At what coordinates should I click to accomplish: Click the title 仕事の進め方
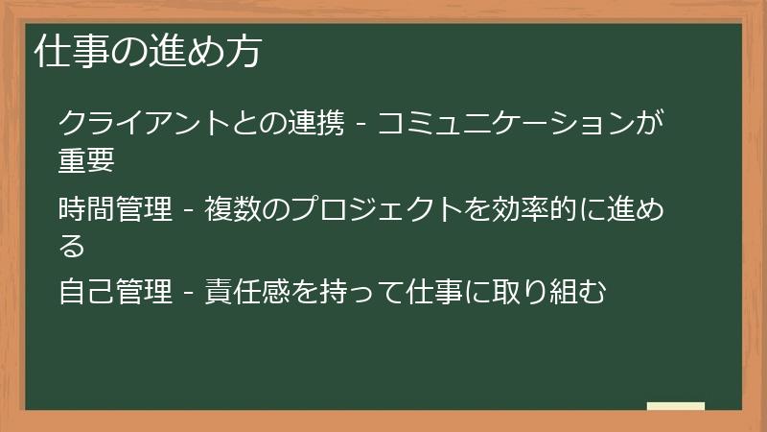[147, 51]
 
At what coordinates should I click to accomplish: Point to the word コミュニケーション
[508, 124]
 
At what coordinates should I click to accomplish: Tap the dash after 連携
[360, 126]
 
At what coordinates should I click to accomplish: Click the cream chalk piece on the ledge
[676, 406]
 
